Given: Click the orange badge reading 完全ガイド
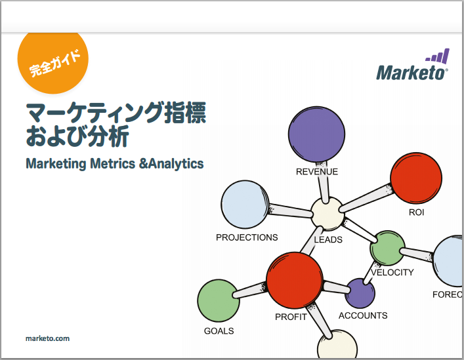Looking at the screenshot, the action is pos(53,62).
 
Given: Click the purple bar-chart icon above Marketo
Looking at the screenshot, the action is pos(438,56).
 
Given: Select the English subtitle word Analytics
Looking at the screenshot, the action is pos(176,164).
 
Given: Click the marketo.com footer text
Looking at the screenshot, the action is pos(48,338).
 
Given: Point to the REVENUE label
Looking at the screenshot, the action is pos(317,172).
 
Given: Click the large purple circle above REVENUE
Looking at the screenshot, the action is pos(316,134).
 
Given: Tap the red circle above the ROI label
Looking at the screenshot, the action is pos(416,178).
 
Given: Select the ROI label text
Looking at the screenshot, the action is pos(416,212).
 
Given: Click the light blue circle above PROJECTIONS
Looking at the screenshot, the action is pos(245,205).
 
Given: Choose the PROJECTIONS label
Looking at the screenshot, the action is pos(247,237).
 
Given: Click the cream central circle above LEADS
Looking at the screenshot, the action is pos(327,213).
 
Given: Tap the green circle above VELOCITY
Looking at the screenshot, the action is pos(387,248).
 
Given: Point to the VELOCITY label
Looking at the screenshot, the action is pos(392,272).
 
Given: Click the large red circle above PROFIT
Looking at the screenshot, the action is pos(295,280).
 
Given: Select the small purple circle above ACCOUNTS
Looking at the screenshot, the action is pos(360,293).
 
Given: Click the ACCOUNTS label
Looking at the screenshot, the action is pos(363,315).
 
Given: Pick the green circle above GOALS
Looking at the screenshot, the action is pos(219,300).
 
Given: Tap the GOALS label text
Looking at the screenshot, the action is pos(219,330).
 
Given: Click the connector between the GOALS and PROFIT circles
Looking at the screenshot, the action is pos(250,290).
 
